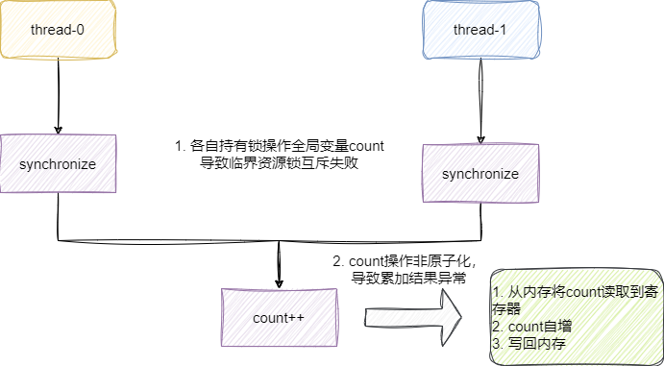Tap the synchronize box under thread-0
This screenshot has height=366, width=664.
coord(59,164)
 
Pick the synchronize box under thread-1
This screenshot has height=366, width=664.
coord(480,174)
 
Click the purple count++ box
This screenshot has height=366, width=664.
coord(279,317)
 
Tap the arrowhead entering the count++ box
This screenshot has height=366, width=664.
coord(279,281)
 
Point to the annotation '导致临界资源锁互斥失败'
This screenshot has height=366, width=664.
coord(279,163)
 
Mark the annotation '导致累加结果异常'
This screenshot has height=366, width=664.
coord(410,279)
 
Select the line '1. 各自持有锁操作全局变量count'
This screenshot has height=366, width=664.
coord(279,146)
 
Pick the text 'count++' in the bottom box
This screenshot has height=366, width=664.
coord(279,317)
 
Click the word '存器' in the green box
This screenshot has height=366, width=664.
coord(506,309)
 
